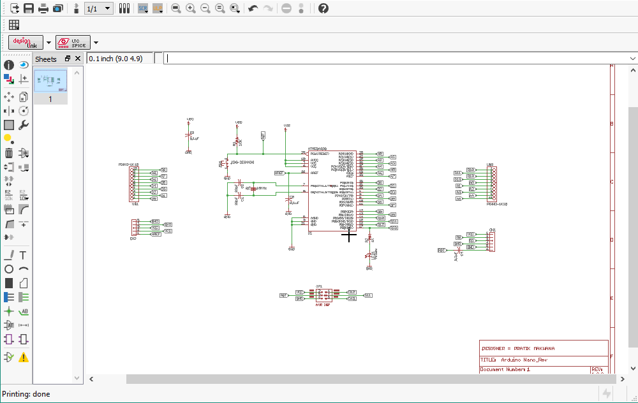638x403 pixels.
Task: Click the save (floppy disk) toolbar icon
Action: pos(29,8)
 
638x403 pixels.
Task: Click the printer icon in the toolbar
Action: pos(43,8)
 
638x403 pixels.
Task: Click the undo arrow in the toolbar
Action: pos(253,8)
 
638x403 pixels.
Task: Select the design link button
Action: pos(26,43)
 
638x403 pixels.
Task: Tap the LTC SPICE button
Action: pos(73,43)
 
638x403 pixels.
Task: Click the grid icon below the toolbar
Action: pos(14,25)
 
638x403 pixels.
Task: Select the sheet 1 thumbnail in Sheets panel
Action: pos(50,81)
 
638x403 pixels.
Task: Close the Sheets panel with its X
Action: pos(78,59)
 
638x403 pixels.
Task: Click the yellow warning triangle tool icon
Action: pos(24,357)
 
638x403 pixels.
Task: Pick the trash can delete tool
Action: pos(9,153)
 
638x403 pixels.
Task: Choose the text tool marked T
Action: pos(24,255)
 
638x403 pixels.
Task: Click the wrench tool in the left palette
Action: pos(24,125)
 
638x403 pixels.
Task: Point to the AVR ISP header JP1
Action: pos(323,295)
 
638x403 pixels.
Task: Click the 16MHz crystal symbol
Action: pos(254,189)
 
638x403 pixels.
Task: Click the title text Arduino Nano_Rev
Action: pos(523,360)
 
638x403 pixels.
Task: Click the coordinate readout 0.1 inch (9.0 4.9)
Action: pos(115,59)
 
